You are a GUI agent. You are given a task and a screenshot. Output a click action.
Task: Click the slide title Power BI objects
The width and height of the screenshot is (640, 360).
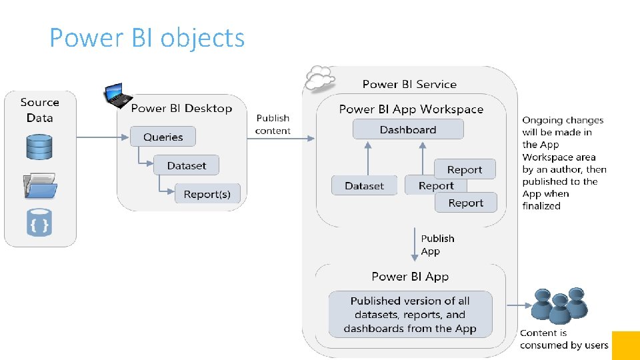point(147,38)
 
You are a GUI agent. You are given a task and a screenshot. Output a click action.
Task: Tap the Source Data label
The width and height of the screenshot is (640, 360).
point(39,110)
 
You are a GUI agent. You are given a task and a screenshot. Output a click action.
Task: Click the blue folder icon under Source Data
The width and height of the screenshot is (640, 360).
point(39,186)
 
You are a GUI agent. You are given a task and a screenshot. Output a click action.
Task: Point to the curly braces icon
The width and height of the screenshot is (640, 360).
point(39,223)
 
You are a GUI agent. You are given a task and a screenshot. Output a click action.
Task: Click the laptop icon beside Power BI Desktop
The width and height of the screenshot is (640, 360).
point(117,96)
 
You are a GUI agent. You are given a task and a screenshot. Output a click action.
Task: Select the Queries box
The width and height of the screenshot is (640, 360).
point(163,137)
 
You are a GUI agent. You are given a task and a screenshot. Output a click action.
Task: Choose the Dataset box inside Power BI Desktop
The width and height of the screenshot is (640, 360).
point(186,165)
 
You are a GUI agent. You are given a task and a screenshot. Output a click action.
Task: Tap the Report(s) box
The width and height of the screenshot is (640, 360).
point(207,194)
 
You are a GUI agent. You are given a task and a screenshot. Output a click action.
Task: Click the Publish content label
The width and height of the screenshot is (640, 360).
point(273,125)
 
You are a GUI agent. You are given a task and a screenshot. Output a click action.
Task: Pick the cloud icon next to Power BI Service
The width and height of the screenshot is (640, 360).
point(319,79)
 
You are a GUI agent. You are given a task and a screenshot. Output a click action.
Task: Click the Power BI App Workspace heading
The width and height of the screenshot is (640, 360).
point(411,109)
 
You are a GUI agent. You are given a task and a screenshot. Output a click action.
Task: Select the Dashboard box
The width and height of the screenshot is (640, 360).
point(407,129)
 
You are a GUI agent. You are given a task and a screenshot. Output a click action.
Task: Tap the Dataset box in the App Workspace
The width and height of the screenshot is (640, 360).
point(364,186)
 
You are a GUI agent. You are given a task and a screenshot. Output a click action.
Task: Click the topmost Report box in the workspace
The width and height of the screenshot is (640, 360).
point(465,169)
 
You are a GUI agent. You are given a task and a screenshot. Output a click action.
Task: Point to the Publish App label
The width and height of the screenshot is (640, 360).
point(437,245)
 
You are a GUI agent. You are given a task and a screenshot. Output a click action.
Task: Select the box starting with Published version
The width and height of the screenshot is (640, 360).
point(410,314)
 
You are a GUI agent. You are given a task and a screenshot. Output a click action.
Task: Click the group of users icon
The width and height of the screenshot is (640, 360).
point(559,305)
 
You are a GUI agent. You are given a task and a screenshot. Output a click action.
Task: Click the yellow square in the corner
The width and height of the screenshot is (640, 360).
point(625,345)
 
